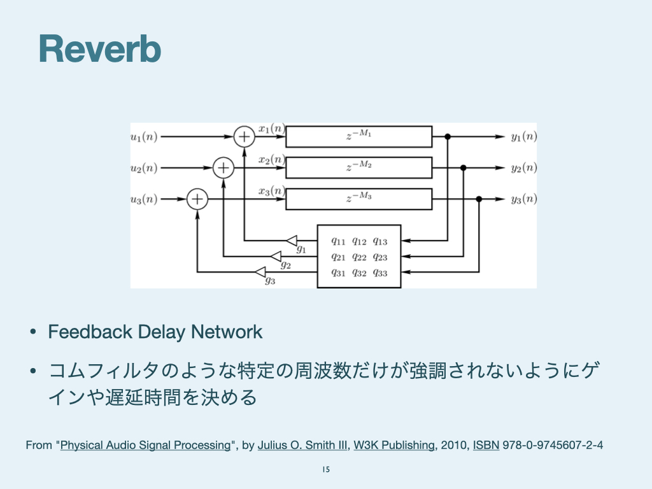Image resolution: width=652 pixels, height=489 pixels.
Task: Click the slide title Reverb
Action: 99,48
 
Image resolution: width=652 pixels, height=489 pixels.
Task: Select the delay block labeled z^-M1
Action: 358,136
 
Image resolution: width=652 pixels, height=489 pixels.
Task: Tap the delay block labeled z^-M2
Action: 358,167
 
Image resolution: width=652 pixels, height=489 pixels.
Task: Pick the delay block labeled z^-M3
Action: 358,199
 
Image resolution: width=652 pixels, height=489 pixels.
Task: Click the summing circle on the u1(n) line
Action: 244,136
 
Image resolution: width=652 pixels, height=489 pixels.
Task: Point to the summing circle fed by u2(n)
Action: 223,167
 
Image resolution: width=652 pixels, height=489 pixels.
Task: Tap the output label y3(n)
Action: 524,199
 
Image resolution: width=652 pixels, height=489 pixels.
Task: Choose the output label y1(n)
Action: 524,136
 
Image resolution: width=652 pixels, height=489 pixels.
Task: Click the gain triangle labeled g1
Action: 292,240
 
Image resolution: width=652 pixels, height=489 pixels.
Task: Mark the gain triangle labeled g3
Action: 260,272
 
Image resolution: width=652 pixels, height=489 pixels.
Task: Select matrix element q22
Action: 359,257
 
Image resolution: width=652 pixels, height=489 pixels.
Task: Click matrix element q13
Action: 380,241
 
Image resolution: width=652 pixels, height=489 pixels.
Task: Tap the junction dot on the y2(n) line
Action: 464,167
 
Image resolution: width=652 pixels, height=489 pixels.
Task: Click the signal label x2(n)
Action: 271,160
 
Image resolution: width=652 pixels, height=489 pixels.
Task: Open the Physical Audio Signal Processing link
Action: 145,445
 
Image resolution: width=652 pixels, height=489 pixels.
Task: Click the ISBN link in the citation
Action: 486,445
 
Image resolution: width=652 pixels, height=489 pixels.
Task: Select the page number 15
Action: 326,470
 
